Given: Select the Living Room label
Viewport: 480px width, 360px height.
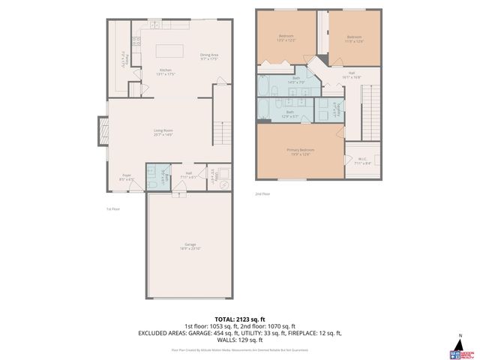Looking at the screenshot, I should point(163,133).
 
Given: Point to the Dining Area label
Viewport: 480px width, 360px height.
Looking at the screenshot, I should point(209,56).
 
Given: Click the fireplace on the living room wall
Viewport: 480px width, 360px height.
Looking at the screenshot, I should point(99,133).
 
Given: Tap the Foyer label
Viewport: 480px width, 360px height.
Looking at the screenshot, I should point(127,177).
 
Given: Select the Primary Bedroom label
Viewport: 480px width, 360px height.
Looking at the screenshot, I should point(300,151).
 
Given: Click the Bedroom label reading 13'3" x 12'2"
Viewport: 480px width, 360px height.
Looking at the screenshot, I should point(286,37).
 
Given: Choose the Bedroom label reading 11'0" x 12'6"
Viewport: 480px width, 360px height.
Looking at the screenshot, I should point(355,37).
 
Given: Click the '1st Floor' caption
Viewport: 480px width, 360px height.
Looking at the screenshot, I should point(115,209).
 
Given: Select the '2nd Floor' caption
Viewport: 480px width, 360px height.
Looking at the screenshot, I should point(262,193).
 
